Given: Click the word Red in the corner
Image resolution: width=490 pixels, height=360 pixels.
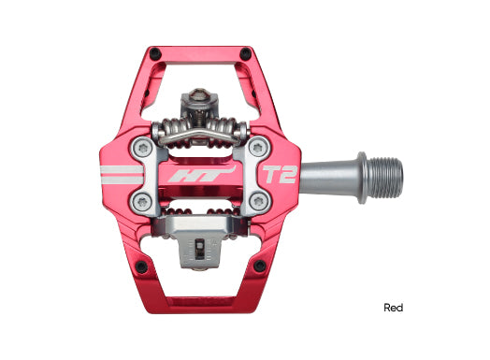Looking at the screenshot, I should pyautogui.click(x=395, y=307).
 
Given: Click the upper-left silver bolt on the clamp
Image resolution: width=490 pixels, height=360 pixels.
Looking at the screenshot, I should pyautogui.click(x=140, y=145).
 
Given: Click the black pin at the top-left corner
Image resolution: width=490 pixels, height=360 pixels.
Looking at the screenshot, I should pyautogui.click(x=155, y=52).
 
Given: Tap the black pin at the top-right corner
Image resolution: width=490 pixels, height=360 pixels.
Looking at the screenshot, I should pyautogui.click(x=245, y=52).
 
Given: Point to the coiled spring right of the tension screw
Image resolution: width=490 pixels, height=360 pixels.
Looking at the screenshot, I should pyautogui.click(x=224, y=128).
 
